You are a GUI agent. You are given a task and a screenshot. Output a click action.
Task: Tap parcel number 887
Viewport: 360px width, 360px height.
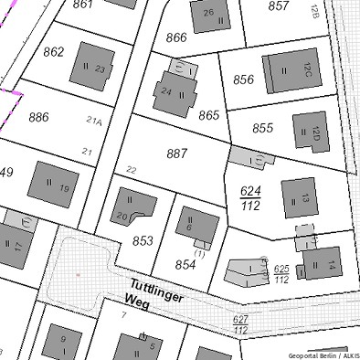click(x=177, y=154)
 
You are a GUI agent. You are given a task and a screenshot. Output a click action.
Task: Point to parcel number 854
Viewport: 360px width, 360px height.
click(x=185, y=264)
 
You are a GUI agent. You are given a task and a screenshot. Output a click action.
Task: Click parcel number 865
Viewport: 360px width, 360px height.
click(x=209, y=115)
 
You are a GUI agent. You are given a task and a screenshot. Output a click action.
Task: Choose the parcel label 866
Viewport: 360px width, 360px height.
click(x=176, y=37)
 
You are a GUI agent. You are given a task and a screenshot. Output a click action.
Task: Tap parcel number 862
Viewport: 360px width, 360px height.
click(x=54, y=51)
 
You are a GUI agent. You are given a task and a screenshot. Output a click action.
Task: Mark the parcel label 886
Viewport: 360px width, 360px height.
click(x=38, y=117)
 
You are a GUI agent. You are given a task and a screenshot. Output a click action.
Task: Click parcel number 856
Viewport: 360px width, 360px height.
click(x=243, y=79)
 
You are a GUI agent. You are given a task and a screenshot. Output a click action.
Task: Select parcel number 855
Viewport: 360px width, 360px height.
click(x=263, y=128)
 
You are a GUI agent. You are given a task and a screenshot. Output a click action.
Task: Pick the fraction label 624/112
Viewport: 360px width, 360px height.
click(x=249, y=198)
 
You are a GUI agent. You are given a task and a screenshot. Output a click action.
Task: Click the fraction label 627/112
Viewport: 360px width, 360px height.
click(x=241, y=323)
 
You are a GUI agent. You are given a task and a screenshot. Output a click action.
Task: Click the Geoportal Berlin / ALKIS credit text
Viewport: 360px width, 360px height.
click(x=323, y=354)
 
